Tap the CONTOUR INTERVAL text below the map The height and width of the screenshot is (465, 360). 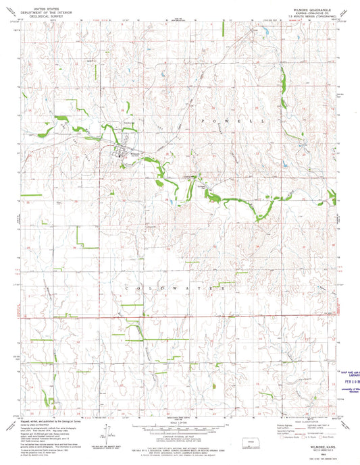click(178, 437)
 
